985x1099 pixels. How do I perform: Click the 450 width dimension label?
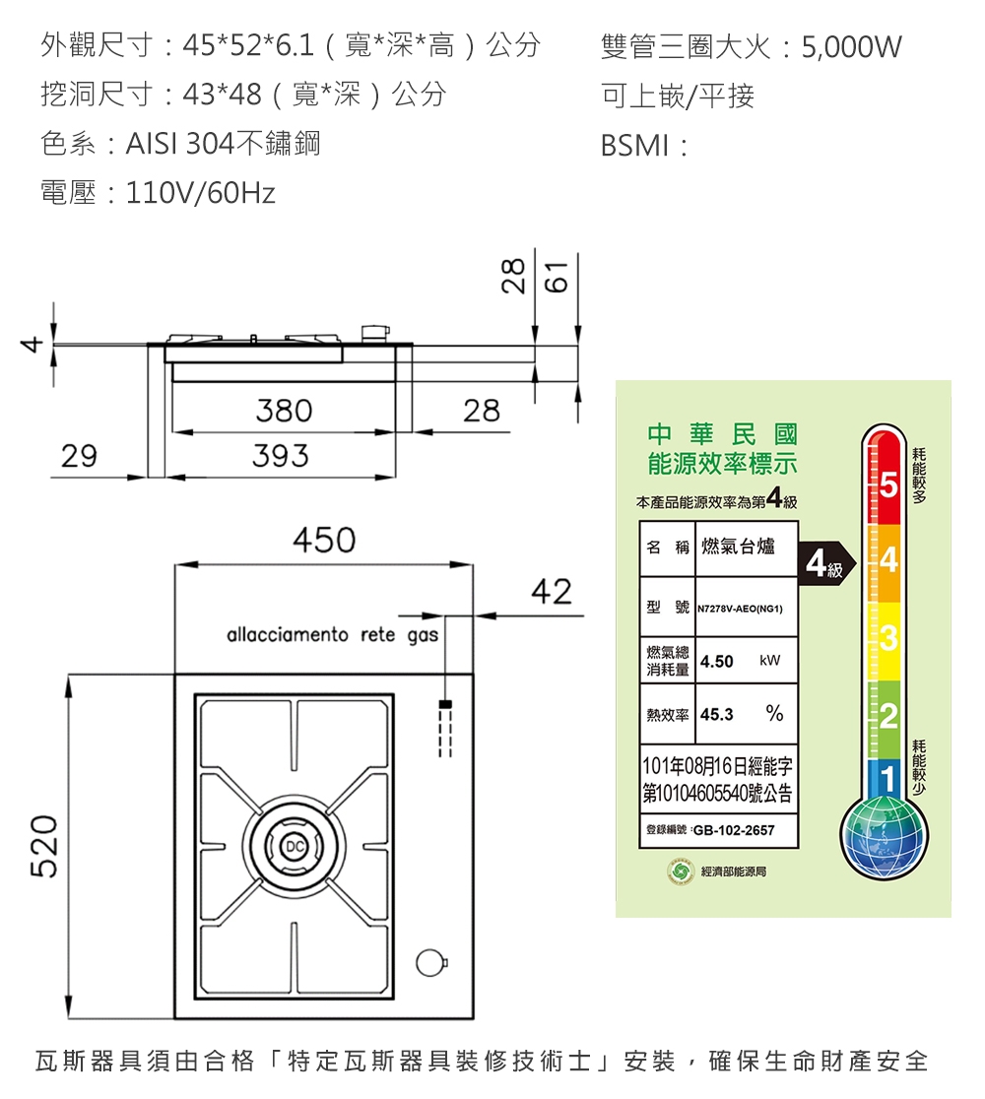[x=323, y=541]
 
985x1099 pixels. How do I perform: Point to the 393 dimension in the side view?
[x=281, y=456]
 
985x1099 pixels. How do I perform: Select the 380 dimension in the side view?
[x=284, y=411]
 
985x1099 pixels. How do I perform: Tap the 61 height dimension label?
[x=558, y=279]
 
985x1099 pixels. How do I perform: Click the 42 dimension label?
[x=551, y=593]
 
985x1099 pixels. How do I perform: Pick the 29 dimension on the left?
[x=79, y=456]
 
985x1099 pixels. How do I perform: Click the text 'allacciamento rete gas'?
[x=332, y=635]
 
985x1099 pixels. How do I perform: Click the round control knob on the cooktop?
[x=429, y=962]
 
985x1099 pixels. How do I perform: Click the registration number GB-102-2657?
[x=734, y=830]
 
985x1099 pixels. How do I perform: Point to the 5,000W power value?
[x=851, y=47]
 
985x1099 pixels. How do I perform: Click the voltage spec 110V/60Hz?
[x=201, y=193]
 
